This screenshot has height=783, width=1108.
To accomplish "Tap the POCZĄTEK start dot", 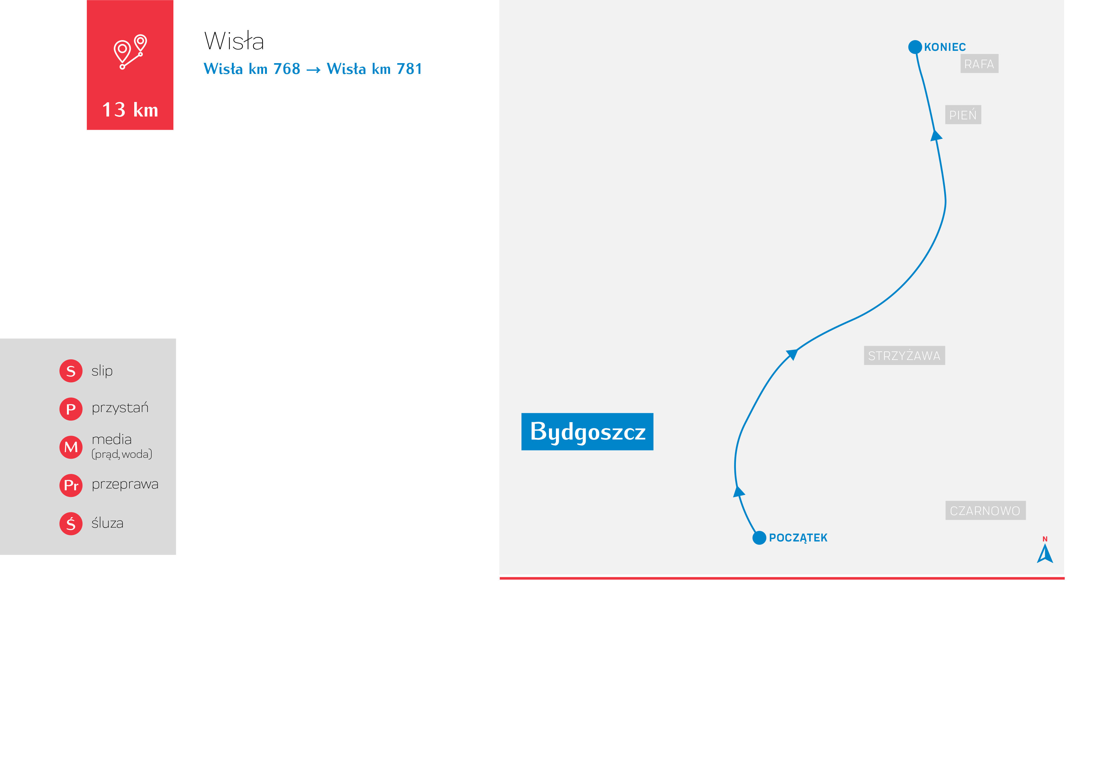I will pos(759,537).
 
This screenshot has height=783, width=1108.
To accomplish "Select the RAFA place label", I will pos(979,64).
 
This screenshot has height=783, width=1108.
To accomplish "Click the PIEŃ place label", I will pos(962,115).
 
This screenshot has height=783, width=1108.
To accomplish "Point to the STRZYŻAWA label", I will pos(904,356).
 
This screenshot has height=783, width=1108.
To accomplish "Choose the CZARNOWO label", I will pos(985,511).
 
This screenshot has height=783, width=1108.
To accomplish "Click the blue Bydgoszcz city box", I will pos(587,431).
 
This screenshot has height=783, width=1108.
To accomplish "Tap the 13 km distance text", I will pos(130,110).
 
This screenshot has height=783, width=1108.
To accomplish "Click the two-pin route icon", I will pos(130,51).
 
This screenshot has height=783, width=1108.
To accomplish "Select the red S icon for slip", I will pos(71,371).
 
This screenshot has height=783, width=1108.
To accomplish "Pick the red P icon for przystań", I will pos(71,409).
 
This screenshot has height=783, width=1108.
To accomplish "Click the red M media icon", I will pos(71,447).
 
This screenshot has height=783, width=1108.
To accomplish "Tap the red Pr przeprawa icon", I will pos(71,485).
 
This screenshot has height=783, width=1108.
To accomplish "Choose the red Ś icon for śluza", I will pos(71,523).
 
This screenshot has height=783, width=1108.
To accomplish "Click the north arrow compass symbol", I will pos(1045,553).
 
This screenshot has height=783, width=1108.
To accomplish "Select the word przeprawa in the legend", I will pos(125,484).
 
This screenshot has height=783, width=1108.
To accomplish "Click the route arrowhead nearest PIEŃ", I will pos(936,135).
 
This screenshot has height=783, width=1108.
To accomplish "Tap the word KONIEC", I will pos(944,47).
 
